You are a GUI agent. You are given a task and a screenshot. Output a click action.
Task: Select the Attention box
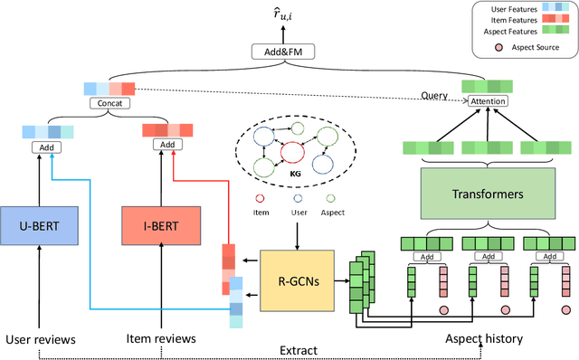click(488, 101)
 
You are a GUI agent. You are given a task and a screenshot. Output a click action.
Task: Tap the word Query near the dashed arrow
click(435, 96)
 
